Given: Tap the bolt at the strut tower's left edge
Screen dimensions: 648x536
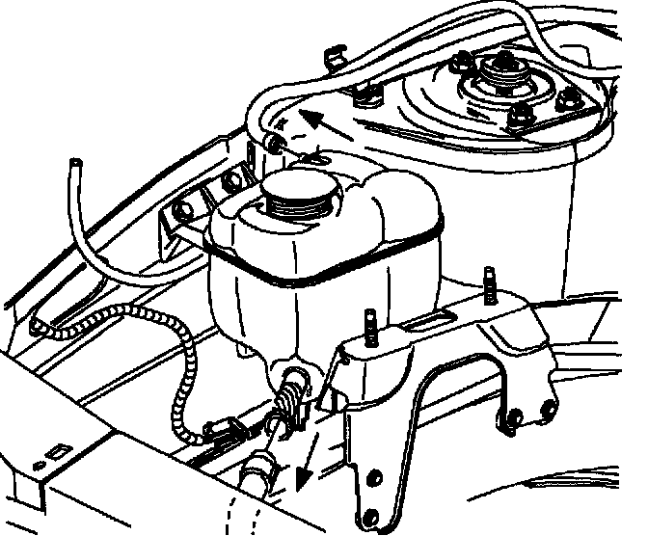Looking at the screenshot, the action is pyautogui.click(x=364, y=94).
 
